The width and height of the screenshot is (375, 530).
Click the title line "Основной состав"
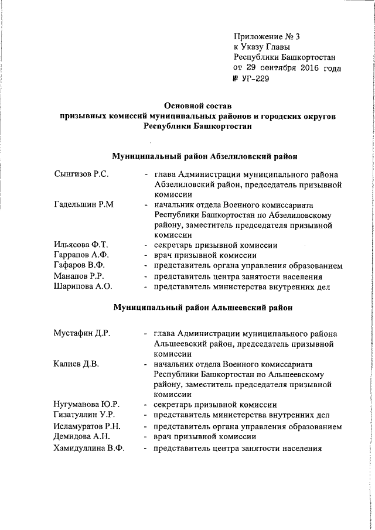[x=199, y=107]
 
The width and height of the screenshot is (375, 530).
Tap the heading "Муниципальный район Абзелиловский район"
[x=204, y=156]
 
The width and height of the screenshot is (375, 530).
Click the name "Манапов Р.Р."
[x=78, y=276]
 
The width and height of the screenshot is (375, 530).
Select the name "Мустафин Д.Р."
[x=82, y=333]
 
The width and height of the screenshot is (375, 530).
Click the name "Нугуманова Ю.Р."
[x=86, y=404]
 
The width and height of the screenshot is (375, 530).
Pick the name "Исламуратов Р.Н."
[x=87, y=426]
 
